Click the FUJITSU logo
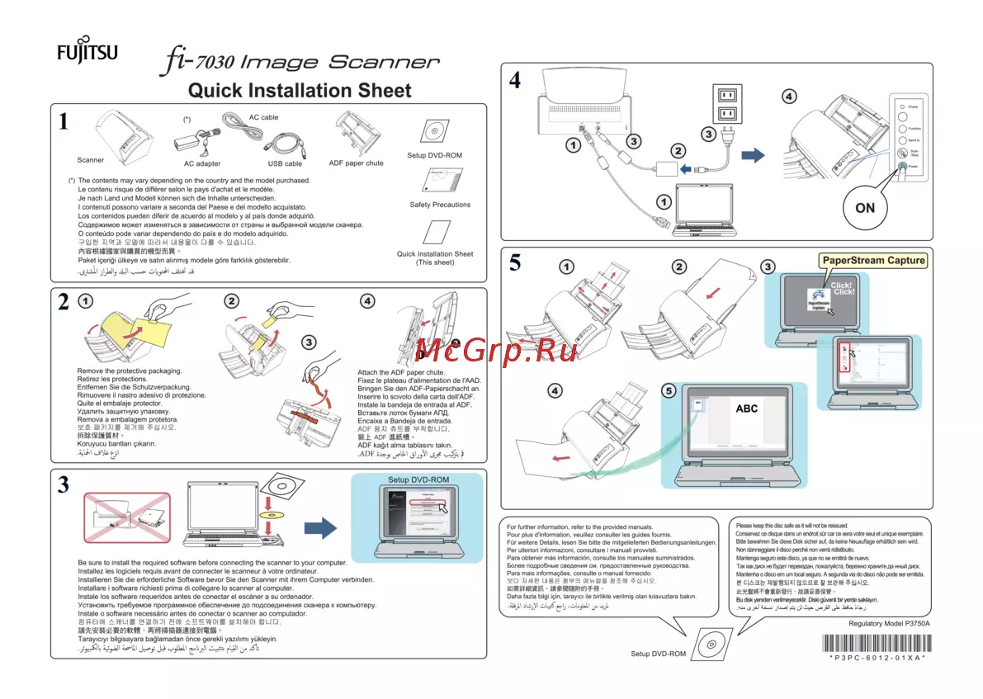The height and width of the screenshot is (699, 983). tap(87, 54)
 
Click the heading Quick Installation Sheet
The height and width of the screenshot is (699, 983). tap(299, 90)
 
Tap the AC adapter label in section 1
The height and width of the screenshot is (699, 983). tap(202, 164)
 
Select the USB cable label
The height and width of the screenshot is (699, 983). tap(285, 164)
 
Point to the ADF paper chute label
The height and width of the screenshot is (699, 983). tap(356, 163)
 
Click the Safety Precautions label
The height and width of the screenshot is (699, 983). tap(440, 205)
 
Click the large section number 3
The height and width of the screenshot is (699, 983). tap(64, 485)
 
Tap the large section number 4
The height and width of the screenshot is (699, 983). tap(515, 81)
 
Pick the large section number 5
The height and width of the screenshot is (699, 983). tap(515, 262)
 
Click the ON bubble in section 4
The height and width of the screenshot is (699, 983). tap(864, 208)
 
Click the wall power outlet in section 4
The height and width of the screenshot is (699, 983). tap(726, 104)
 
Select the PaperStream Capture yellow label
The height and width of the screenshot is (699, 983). tap(873, 261)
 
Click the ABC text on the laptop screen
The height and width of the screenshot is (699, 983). tap(746, 409)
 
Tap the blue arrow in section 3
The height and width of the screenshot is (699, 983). tap(320, 527)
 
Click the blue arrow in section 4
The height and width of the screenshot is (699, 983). tap(752, 156)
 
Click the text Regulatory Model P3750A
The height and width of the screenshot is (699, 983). tap(889, 624)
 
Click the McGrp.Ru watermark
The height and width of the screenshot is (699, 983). tap(496, 350)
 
